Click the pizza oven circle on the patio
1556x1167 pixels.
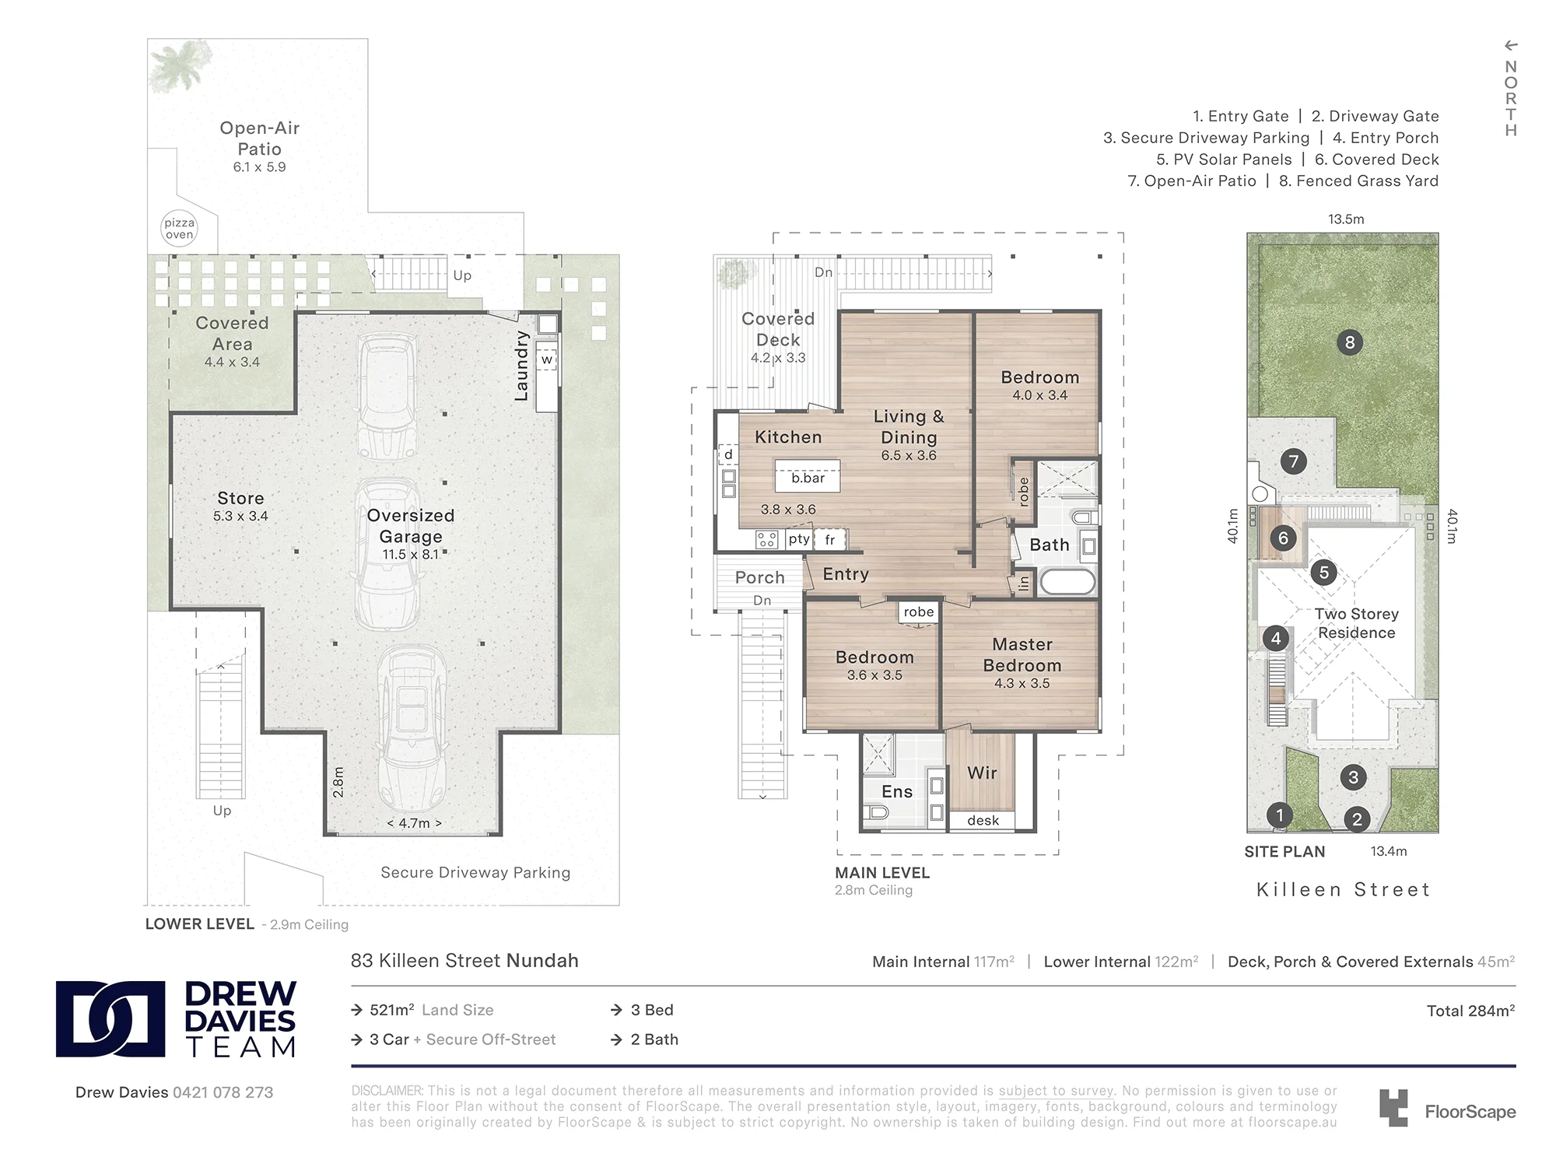click(179, 229)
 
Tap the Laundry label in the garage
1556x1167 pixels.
click(521, 366)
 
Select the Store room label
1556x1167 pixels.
click(240, 498)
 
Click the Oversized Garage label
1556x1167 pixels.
click(411, 526)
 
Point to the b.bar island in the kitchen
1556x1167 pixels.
click(808, 476)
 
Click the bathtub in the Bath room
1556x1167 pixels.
click(1067, 582)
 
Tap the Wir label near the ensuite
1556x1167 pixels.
click(982, 773)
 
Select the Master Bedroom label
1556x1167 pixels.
click(1022, 655)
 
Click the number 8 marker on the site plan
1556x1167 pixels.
click(1350, 342)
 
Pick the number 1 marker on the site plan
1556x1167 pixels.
click(1279, 815)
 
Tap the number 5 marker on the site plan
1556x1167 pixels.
click(1324, 573)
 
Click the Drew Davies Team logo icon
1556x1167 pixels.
click(110, 1019)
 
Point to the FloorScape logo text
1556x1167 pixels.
click(1470, 1112)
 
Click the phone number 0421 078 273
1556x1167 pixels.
click(223, 1092)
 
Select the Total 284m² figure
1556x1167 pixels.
click(1470, 1011)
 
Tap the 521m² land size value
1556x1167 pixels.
click(392, 1010)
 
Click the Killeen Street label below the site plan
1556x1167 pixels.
click(1344, 889)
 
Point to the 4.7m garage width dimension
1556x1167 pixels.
click(414, 823)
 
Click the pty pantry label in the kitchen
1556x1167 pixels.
click(799, 539)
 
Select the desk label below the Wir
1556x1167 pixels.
click(983, 820)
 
